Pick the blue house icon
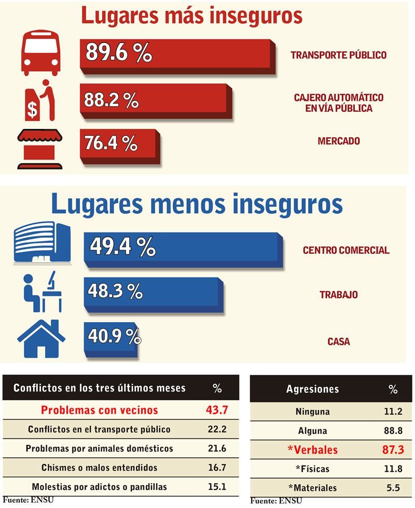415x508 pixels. point(41,340)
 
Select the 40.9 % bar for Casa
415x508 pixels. point(112,337)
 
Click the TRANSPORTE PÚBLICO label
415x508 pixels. point(338,55)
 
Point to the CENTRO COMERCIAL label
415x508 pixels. point(346,250)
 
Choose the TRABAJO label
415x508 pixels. point(338,295)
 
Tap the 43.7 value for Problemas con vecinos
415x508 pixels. point(217,410)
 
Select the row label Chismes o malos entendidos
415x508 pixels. point(99,468)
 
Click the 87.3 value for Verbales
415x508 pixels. point(393,449)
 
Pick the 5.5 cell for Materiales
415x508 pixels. point(393,488)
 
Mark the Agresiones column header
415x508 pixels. point(312,389)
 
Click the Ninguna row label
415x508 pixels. point(312,412)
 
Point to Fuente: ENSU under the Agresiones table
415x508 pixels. point(276,501)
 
